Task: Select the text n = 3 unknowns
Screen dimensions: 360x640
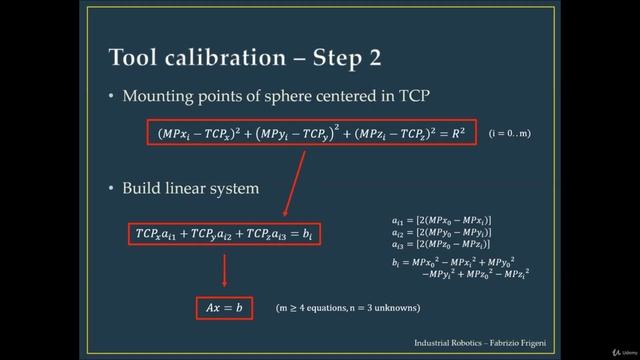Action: coord(380,308)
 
